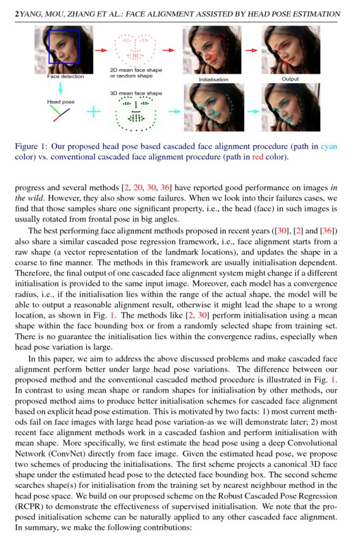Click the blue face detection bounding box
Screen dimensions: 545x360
coord(64,46)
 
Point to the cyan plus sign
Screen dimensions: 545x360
coord(93,112)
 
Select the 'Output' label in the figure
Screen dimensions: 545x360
coord(290,79)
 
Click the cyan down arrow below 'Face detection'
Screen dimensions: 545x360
coord(61,88)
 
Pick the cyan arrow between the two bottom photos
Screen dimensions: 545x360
coord(253,111)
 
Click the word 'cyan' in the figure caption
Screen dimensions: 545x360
coord(328,146)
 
